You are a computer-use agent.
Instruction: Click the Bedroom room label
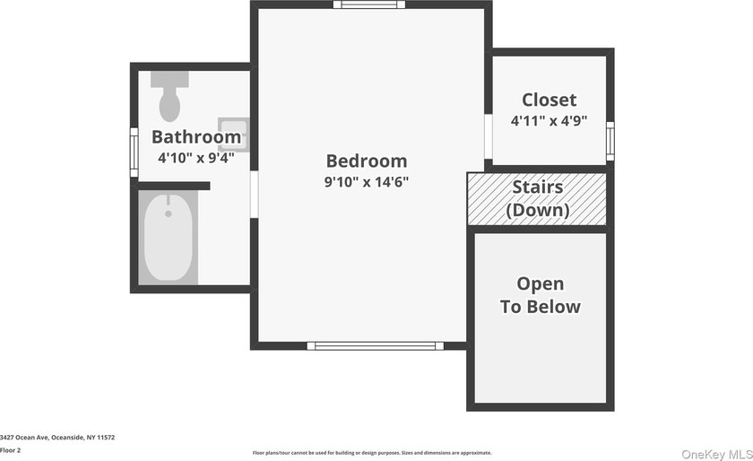pyautogui.click(x=367, y=161)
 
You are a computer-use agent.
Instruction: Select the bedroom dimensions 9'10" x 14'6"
pyautogui.click(x=367, y=182)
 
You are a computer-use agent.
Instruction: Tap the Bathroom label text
pyautogui.click(x=196, y=137)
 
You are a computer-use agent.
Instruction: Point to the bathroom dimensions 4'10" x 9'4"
pyautogui.click(x=196, y=158)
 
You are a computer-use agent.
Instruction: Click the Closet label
pyautogui.click(x=549, y=100)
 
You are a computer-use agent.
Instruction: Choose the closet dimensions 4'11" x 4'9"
pyautogui.click(x=549, y=121)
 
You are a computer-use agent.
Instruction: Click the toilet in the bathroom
pyautogui.click(x=169, y=96)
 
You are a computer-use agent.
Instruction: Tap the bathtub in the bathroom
pyautogui.click(x=169, y=238)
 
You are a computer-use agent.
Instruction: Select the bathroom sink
pyautogui.click(x=234, y=135)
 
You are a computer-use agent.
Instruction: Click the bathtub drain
pyautogui.click(x=169, y=213)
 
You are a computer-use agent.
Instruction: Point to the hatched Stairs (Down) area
pyautogui.click(x=537, y=199)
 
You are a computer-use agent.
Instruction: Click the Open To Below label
pyautogui.click(x=541, y=295)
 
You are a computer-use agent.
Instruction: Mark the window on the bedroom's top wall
pyautogui.click(x=369, y=4)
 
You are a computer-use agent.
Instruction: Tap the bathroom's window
pyautogui.click(x=134, y=152)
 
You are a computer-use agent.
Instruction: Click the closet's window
pyautogui.click(x=610, y=141)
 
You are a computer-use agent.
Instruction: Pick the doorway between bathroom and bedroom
pyautogui.click(x=254, y=195)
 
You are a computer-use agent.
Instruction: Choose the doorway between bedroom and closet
pyautogui.click(x=489, y=136)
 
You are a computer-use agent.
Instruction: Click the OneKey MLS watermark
pyautogui.click(x=717, y=454)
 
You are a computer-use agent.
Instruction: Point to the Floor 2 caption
pyautogui.click(x=10, y=450)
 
